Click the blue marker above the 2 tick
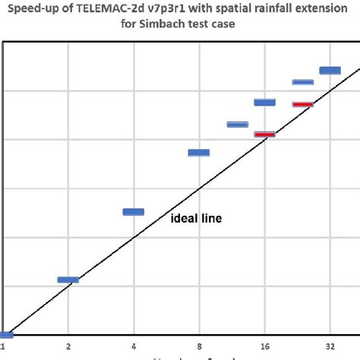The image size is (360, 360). click(68, 280)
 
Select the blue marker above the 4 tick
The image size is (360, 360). click(134, 212)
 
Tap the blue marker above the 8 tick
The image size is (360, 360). click(199, 153)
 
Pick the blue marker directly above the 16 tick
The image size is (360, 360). click(264, 102)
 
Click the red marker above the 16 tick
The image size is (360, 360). click(264, 134)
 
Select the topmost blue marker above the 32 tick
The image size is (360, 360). click(330, 71)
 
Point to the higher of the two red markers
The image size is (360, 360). click(303, 104)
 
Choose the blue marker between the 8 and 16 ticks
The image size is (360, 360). click(238, 124)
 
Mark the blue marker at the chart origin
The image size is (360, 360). click(5, 335)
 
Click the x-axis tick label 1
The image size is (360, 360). click(3, 346)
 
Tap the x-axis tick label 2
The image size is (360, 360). click(68, 346)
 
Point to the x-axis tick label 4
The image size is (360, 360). click(134, 346)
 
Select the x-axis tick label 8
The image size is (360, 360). click(199, 346)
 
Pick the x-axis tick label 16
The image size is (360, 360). click(264, 346)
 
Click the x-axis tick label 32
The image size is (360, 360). click(330, 346)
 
